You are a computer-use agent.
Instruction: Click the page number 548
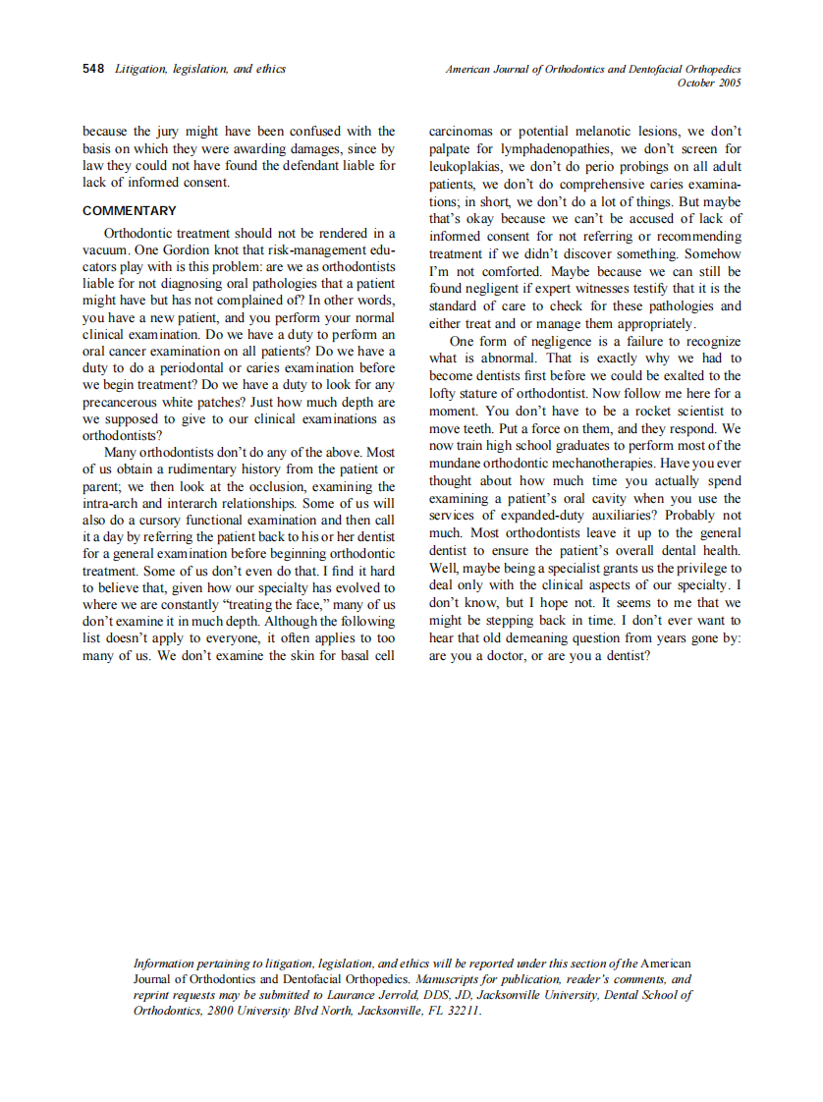coord(93,69)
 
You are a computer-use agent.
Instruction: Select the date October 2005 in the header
coord(709,83)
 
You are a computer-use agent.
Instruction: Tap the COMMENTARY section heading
coord(130,211)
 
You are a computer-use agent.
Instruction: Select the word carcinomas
coord(464,131)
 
